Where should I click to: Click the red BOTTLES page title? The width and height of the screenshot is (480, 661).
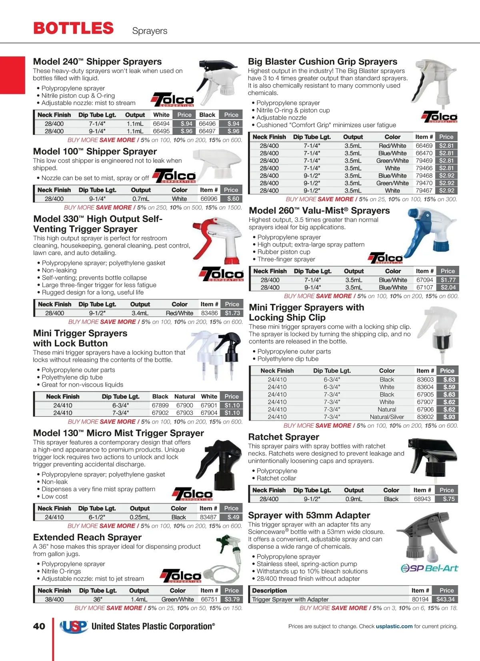[74, 28]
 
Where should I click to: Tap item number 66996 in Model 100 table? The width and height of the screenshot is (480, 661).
[209, 199]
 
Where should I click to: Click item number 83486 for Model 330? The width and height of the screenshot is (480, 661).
[209, 314]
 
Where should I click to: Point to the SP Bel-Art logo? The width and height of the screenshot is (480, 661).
[429, 568]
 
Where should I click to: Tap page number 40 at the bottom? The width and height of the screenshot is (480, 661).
[39, 626]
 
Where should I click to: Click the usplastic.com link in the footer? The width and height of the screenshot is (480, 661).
[394, 626]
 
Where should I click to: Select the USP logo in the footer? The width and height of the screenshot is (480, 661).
[74, 626]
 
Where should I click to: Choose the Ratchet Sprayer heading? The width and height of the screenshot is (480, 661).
[284, 437]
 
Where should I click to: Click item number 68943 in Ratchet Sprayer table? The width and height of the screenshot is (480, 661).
[422, 499]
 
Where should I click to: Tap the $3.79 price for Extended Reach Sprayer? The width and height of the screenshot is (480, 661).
[232, 599]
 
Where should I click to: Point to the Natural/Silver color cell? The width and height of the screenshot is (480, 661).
[387, 417]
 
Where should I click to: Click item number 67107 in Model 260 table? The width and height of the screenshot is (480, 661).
[424, 288]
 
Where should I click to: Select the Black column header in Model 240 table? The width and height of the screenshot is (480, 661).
[207, 115]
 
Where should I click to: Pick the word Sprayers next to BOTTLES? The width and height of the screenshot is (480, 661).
[150, 31]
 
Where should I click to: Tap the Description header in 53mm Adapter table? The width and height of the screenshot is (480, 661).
[269, 591]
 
